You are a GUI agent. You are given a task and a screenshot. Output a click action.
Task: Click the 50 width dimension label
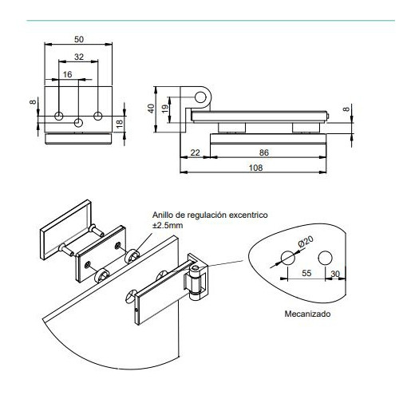coord(79,39)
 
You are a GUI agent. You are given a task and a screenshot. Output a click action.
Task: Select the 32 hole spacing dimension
coord(79,57)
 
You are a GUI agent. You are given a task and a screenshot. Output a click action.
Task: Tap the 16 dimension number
coord(67,74)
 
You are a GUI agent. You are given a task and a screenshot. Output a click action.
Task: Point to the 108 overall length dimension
coord(255,168)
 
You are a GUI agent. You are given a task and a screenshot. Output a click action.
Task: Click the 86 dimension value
coord(264,152)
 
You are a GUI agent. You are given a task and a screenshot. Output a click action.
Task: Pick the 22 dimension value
coord(195,152)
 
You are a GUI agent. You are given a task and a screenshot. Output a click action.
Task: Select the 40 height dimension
coord(151,109)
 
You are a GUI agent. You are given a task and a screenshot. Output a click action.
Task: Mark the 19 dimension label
coord(165,109)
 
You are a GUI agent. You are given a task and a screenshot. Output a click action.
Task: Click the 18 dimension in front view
coord(120,124)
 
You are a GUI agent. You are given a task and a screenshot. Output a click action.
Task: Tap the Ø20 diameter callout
coord(306,242)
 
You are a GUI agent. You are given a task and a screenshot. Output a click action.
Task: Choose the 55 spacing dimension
coord(306,273)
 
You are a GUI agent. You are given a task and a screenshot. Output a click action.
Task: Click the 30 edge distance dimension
coord(335,274)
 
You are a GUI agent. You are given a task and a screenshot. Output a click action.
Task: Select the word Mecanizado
coord(307,314)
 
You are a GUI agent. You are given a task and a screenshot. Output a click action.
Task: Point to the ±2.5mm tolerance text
coord(168,226)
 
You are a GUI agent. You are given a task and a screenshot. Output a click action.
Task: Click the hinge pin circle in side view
coord(201,97)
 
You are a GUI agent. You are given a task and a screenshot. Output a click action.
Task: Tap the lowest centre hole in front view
coord(78,123)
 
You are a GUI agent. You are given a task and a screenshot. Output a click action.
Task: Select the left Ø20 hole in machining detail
coord(288,258)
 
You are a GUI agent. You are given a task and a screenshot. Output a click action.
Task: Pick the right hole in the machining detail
coord(325,258)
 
